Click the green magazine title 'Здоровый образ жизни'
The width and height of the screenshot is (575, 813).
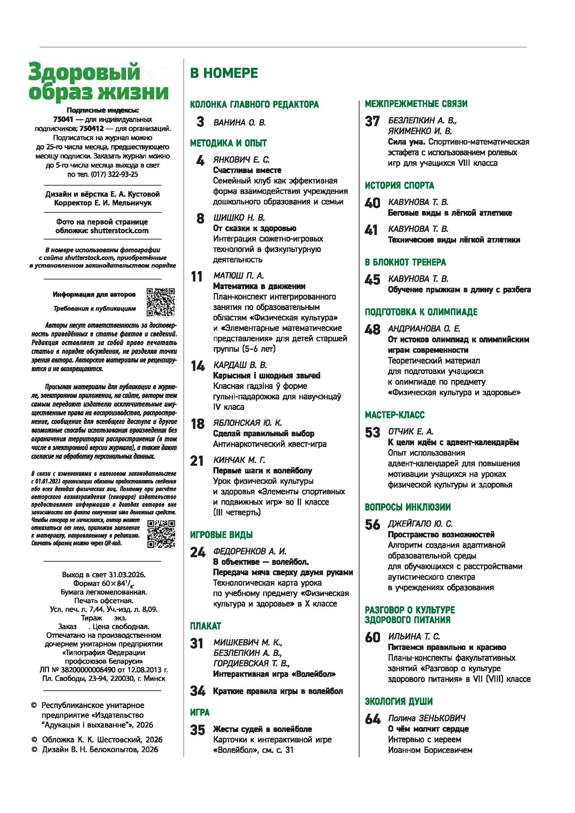coord(98,81)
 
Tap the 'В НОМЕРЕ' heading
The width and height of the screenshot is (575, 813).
coord(224,73)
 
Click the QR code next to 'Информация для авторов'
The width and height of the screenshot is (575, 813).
coord(161,302)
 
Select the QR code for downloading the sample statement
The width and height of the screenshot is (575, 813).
coord(161,534)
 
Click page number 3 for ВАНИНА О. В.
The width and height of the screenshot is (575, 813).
coord(200,122)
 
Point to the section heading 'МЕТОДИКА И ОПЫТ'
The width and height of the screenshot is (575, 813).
coord(228,143)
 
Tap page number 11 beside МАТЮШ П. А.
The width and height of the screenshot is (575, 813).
coord(197,277)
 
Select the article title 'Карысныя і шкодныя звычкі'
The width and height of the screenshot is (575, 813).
coord(267,375)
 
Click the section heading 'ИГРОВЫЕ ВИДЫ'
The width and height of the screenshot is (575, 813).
coord(221,535)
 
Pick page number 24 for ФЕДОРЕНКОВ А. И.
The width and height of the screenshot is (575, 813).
coord(197,552)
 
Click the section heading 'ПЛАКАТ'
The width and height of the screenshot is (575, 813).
coord(205,626)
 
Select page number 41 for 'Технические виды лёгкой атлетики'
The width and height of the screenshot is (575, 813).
coord(371,230)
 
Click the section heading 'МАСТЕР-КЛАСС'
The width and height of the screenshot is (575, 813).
coord(395,415)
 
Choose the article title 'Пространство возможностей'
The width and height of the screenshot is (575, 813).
coord(441,534)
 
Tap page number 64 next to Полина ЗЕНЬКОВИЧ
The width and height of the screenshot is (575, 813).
coord(372,719)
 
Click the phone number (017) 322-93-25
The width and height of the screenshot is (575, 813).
coord(114,174)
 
